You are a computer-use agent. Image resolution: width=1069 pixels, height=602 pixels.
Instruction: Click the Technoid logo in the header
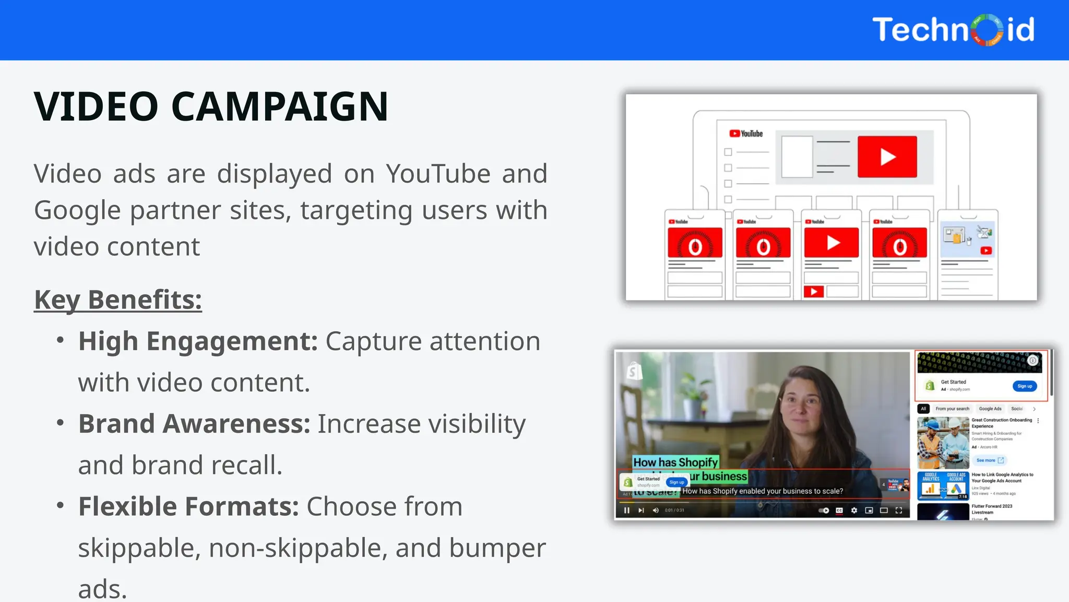953,30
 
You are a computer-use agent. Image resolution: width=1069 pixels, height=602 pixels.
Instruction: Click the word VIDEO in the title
96,107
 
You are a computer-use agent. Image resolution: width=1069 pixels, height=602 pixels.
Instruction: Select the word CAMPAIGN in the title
280,107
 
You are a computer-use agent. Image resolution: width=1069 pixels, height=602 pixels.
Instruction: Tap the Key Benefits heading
118,300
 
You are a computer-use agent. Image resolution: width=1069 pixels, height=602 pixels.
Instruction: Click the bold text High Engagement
198,342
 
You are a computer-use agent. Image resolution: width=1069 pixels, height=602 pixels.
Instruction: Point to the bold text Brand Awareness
194,424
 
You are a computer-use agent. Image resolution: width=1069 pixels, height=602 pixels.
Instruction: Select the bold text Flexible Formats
188,506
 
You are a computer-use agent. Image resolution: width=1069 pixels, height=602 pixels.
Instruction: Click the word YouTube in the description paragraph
438,174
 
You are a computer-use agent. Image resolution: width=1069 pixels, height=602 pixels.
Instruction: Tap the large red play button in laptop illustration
887,157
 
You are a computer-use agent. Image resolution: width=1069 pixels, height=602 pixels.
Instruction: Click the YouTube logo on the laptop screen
746,134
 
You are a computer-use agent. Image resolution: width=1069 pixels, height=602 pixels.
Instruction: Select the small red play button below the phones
813,292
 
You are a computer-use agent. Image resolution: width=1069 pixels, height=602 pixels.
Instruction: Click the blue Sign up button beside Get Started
1024,386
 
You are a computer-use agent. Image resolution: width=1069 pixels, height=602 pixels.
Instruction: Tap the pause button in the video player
626,511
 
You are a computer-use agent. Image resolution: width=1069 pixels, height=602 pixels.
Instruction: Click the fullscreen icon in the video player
899,511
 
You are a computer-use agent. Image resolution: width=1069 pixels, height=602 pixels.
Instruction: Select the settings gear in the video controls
854,511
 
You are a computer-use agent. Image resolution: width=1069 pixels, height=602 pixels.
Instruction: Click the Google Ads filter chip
990,409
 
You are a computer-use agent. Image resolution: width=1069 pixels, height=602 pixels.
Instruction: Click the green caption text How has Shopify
675,462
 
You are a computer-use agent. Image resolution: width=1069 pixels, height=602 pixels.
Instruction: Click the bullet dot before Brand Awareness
61,422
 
